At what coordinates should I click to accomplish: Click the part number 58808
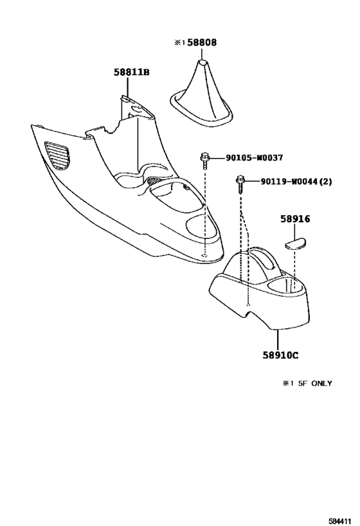202,42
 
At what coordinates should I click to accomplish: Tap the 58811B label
131,72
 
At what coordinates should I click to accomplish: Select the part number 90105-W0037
254,157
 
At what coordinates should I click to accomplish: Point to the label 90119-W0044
289,182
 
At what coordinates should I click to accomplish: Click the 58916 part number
295,219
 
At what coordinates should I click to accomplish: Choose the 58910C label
280,355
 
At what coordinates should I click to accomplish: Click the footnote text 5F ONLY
315,383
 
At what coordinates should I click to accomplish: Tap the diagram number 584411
340,522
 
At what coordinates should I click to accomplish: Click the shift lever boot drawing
201,95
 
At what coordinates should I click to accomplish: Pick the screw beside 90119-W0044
240,184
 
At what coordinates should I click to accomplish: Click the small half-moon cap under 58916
296,243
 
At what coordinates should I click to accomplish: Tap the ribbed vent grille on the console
58,155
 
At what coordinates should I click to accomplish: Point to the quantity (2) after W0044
325,182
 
